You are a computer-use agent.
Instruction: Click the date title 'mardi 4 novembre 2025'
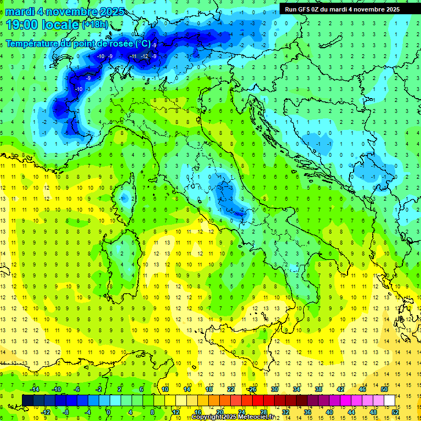point(65,12)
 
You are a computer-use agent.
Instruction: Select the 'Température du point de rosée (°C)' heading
point(78,43)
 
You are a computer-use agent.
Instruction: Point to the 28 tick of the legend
point(264,412)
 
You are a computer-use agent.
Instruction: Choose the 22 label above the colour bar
point(231,389)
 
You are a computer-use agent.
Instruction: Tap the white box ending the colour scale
point(390,400)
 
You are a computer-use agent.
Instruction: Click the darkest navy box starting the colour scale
point(27,400)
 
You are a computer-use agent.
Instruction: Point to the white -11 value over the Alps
point(133,56)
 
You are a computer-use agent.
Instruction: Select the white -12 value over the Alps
point(144,56)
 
